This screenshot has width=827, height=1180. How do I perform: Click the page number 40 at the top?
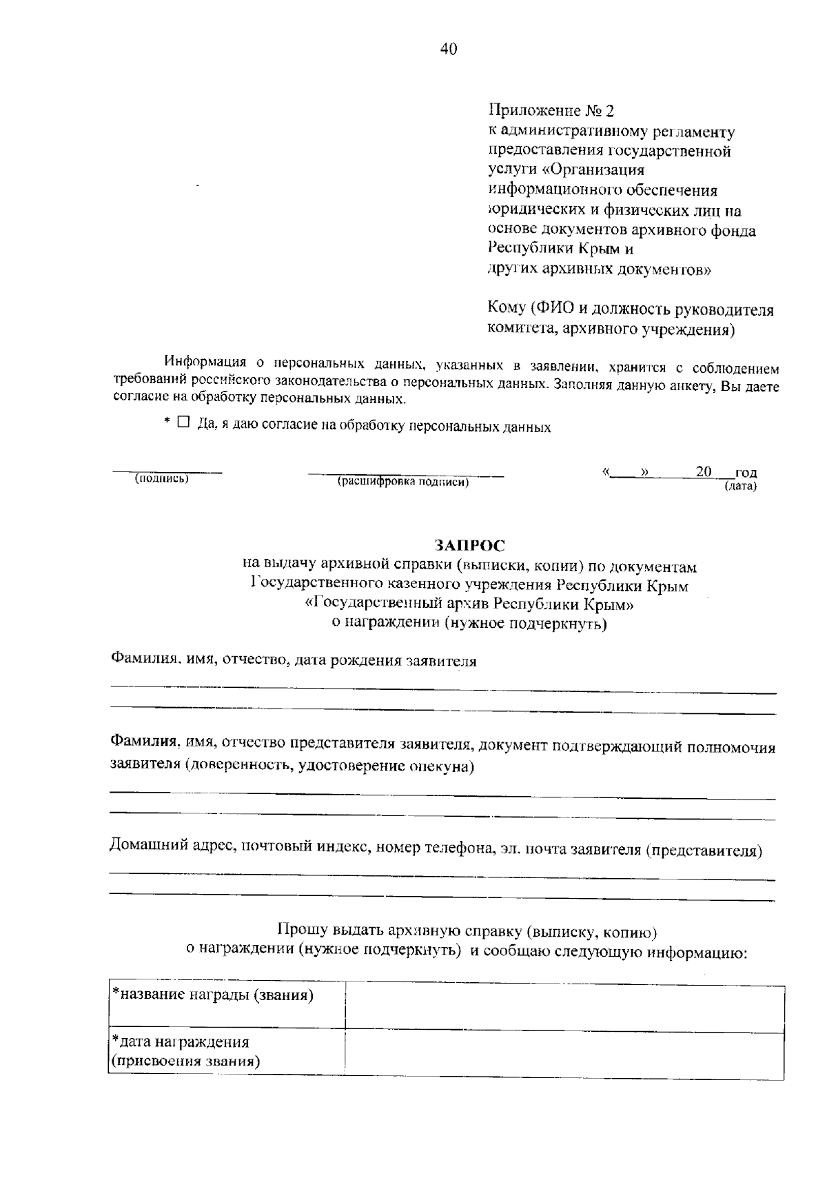click(448, 48)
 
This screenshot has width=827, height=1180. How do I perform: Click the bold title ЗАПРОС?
click(469, 546)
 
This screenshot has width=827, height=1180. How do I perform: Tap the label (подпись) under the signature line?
click(163, 478)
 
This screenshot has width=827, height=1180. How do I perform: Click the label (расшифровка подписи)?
click(403, 482)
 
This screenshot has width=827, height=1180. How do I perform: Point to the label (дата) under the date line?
click(740, 487)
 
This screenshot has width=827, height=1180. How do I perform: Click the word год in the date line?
click(746, 473)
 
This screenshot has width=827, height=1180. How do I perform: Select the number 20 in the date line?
click(704, 471)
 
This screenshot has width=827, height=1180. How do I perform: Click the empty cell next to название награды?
click(564, 1008)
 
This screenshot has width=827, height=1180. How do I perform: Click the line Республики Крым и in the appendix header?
click(561, 249)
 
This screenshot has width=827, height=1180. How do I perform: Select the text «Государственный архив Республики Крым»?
click(469, 604)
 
